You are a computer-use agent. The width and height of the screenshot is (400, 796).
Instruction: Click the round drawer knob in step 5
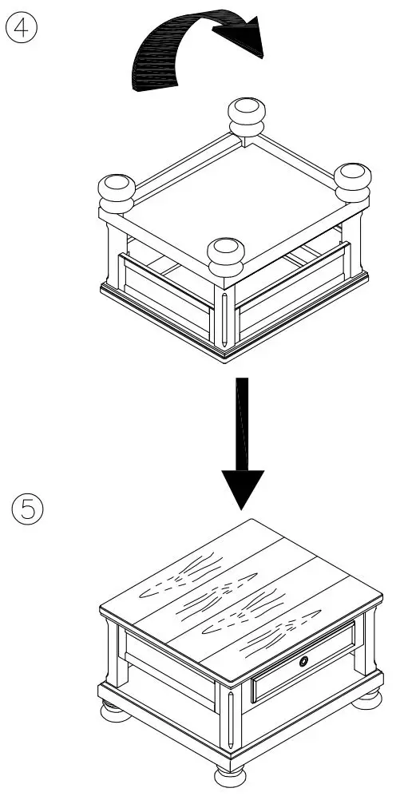pyautogui.click(x=304, y=660)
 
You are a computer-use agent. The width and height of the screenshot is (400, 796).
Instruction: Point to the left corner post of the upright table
pyautogui.click(x=112, y=651)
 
